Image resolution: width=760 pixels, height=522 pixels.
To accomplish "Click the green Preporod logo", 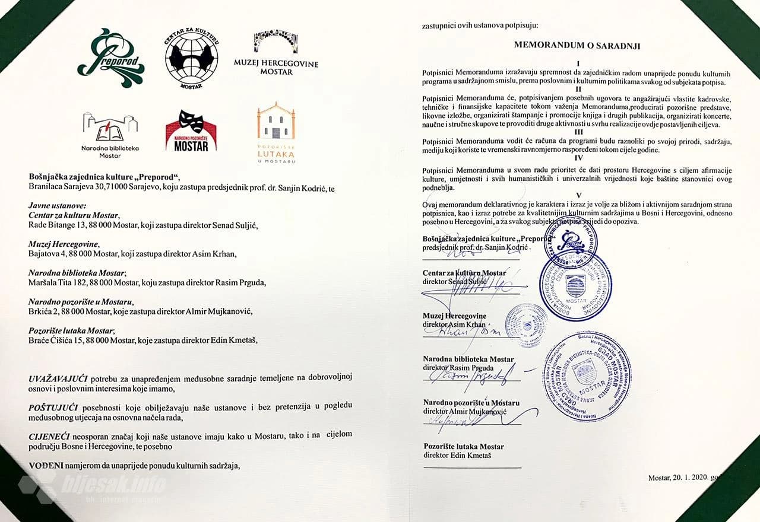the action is tap(111, 57).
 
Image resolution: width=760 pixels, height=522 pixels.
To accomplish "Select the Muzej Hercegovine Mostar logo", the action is tap(276, 53).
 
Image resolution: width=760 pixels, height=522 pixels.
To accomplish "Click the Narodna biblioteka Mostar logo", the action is tap(110, 133).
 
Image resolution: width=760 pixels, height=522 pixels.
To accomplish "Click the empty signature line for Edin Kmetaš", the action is tap(472, 467).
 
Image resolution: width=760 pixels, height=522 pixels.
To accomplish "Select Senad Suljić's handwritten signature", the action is tap(475, 288).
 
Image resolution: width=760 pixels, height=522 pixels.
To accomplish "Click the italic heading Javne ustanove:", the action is tap(53, 205).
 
